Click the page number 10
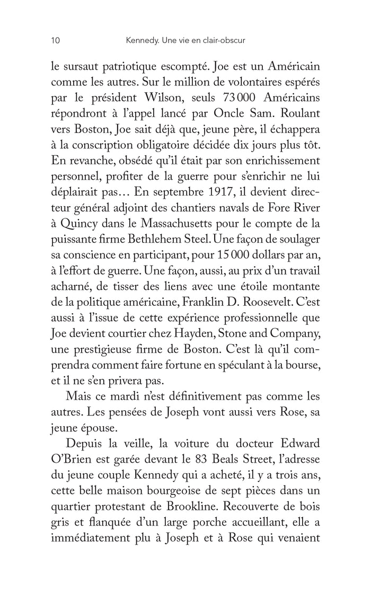(55, 40)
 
